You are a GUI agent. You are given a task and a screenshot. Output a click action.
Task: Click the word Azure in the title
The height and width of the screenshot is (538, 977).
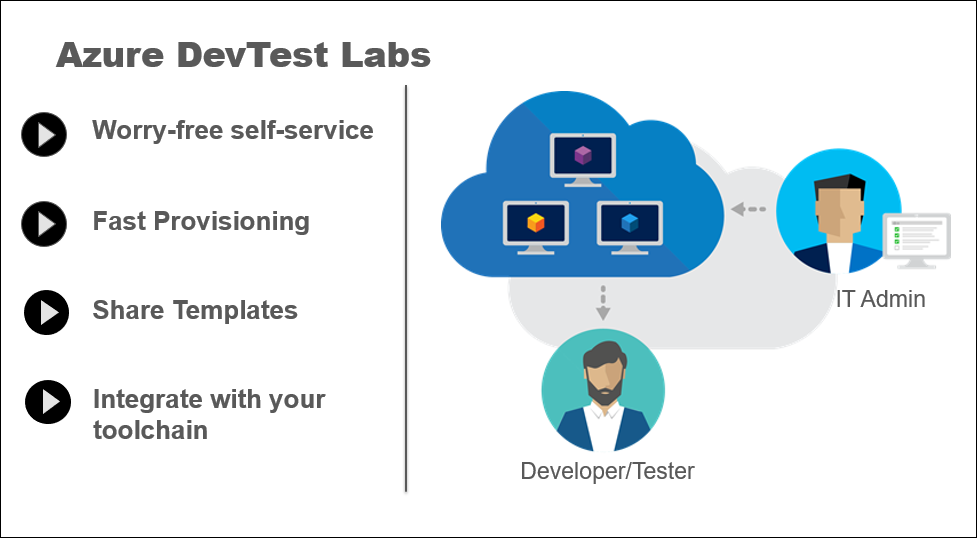pyautogui.click(x=110, y=55)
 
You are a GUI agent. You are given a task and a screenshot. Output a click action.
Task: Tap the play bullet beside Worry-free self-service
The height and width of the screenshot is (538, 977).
pyautogui.click(x=44, y=134)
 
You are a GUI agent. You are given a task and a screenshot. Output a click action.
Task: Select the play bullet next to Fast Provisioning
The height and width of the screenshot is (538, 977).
pyautogui.click(x=44, y=223)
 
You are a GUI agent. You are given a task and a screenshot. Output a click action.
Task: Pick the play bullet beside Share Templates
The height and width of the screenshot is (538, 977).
pyautogui.click(x=46, y=312)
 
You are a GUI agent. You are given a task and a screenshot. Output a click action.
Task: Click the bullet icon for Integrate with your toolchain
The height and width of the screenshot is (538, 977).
pyautogui.click(x=48, y=402)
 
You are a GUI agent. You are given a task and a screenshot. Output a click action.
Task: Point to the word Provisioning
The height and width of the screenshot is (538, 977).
pyautogui.click(x=231, y=222)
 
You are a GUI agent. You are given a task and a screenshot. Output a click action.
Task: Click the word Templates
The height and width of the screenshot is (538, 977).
pyautogui.click(x=235, y=310)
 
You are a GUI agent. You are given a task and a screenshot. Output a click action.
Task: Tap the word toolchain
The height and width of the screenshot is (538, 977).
pyautogui.click(x=150, y=430)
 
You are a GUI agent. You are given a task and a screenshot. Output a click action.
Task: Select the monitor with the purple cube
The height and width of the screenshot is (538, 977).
pyautogui.click(x=583, y=160)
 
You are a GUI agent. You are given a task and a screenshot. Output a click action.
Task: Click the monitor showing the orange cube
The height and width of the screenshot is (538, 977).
pyautogui.click(x=536, y=227)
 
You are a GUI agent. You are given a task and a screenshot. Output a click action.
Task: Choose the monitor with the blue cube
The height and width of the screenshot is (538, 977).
pyautogui.click(x=629, y=227)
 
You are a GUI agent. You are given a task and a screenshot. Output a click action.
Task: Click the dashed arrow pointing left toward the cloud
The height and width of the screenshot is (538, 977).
pyautogui.click(x=748, y=209)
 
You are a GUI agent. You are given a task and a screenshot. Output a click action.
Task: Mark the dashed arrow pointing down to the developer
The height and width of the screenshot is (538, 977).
pyautogui.click(x=603, y=303)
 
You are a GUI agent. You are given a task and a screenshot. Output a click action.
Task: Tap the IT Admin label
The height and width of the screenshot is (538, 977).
pyautogui.click(x=880, y=299)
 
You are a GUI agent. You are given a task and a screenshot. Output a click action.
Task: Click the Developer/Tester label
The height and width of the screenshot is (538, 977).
pyautogui.click(x=607, y=471)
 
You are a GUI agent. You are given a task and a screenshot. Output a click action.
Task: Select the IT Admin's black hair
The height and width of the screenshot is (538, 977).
pyautogui.click(x=839, y=183)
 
